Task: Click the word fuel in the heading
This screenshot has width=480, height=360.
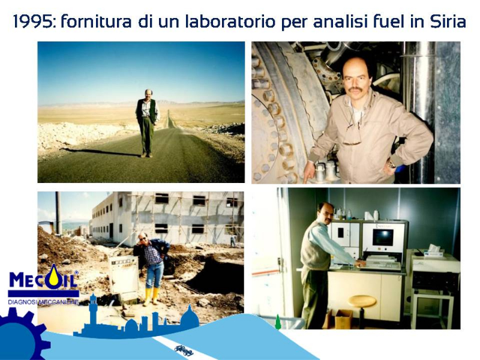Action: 388,22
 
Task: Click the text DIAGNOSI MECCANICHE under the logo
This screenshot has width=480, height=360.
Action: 43,302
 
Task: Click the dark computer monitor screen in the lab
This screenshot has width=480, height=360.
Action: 383,238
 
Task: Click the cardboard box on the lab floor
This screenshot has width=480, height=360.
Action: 343,319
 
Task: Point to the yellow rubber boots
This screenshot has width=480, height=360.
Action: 152,296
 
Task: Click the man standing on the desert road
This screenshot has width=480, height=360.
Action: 147,123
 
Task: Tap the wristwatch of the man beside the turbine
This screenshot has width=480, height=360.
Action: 391,164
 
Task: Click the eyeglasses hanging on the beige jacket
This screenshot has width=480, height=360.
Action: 353,134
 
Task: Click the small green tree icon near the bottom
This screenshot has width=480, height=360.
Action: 278,322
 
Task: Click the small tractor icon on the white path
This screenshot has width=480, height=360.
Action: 184,350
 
